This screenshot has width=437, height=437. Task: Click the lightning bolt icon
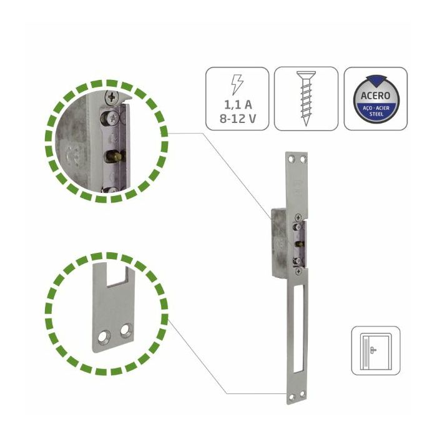point(237,84)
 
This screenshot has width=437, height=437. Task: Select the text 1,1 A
point(238,105)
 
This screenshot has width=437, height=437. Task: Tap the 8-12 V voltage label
point(238,119)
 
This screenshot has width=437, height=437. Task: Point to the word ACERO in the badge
point(375,96)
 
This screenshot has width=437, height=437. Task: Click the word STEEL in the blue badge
point(376,114)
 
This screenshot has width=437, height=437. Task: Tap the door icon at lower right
point(375,351)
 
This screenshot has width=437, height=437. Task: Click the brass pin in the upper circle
point(114,157)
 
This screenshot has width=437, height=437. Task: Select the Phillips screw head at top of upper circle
point(112,97)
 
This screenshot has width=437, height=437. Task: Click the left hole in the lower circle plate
point(104,336)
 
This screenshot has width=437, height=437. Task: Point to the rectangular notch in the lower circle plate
point(117,275)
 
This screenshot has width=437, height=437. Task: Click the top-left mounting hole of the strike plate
point(292,159)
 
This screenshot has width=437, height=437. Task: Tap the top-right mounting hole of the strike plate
point(303,159)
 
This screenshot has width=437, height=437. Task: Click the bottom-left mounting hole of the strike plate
point(292,397)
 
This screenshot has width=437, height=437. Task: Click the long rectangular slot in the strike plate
point(298,328)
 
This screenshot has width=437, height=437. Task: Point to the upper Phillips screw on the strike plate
point(298,217)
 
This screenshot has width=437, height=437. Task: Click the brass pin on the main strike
point(300,244)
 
